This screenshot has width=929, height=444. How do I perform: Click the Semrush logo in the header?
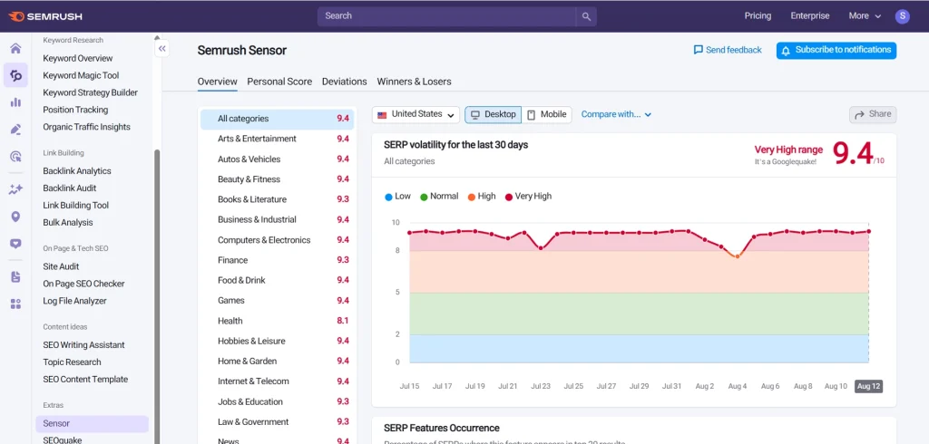pos(48,15)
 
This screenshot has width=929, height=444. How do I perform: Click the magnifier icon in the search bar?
pos(587,16)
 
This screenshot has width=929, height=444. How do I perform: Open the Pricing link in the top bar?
pos(758,15)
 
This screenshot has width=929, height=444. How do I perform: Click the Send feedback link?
pos(728,50)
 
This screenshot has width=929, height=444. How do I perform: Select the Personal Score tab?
pos(279,82)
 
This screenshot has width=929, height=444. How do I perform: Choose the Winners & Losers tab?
pos(414,82)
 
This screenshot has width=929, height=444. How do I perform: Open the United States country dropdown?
pos(416,114)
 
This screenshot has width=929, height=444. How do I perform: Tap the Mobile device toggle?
pos(546,114)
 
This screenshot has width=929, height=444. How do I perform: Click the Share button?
pos(873,114)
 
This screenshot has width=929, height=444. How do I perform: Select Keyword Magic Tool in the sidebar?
pos(81,75)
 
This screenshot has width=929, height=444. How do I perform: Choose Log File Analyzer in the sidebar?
pos(74,301)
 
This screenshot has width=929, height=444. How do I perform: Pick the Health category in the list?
pos(230,321)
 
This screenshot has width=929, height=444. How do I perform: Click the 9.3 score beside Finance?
pos(343,260)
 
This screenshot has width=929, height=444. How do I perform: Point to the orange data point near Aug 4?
pos(737,256)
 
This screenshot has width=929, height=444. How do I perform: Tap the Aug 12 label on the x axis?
pos(868,386)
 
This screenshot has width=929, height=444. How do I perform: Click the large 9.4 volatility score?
pos(852,154)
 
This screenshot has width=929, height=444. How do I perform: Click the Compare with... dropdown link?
pos(616,114)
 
